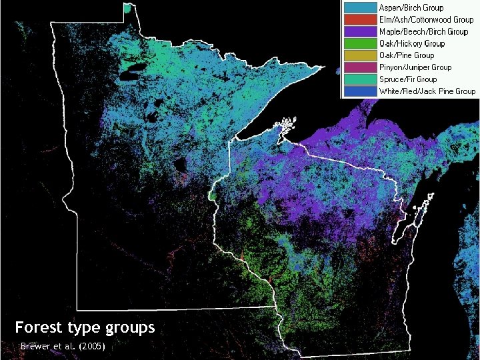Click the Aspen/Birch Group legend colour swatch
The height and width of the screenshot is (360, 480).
(359, 8)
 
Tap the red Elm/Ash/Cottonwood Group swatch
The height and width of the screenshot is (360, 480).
(359, 20)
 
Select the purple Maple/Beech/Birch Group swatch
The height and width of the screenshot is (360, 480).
(359, 31)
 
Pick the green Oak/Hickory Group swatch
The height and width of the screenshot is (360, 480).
(359, 43)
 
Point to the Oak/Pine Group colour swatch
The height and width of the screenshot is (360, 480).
(359, 55)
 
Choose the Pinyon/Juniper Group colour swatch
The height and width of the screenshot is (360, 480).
(359, 67)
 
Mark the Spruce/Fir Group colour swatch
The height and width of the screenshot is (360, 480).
(359, 79)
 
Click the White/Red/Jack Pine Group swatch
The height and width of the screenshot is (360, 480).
(359, 91)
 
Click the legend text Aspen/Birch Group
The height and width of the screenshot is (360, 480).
(411, 8)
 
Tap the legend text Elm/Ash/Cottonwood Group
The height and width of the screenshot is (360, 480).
(426, 20)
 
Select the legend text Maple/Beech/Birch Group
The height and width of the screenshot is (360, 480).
(423, 31)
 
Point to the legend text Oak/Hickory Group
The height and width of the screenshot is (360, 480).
(411, 43)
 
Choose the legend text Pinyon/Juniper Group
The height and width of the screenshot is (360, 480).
(415, 67)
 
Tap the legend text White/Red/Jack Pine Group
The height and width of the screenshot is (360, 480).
(427, 91)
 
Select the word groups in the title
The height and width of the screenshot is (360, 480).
(130, 328)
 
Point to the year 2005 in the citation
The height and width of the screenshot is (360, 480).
(91, 347)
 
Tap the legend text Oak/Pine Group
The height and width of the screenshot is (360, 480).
(406, 55)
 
